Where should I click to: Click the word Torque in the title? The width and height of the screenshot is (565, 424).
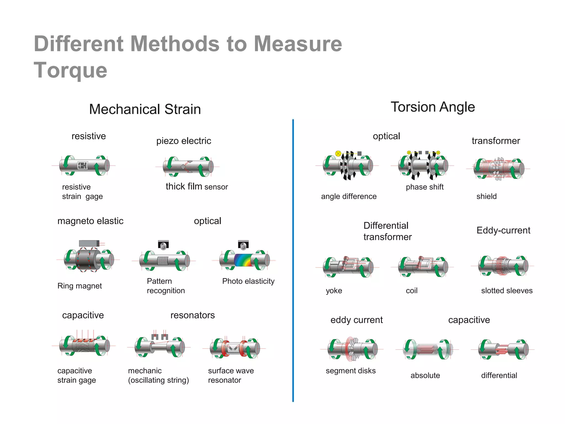(70, 70)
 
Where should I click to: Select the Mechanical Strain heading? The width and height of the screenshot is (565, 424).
(145, 109)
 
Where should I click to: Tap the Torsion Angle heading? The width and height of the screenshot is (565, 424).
(433, 107)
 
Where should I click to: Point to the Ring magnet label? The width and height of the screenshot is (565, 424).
(79, 286)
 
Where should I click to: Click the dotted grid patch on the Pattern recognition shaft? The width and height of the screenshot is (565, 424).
(163, 261)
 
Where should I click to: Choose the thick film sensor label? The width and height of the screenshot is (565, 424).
(197, 187)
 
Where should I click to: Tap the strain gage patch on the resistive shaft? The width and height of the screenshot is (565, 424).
(82, 165)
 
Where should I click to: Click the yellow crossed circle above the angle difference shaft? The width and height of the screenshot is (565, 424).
(338, 153)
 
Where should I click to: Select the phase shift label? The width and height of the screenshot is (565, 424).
(425, 187)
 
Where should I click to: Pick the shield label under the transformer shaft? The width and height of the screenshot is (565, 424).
(486, 196)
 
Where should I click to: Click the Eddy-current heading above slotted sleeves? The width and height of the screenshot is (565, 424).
(503, 230)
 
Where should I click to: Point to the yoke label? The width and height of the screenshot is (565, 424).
(334, 291)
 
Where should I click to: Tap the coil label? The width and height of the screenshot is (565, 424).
(412, 291)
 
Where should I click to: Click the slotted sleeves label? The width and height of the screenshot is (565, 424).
(507, 291)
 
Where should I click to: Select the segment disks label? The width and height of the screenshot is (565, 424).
(351, 371)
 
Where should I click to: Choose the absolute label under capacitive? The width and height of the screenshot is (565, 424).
(425, 375)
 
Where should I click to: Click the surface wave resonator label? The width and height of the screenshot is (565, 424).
(231, 375)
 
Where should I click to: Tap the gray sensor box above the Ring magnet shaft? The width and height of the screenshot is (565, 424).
(89, 243)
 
